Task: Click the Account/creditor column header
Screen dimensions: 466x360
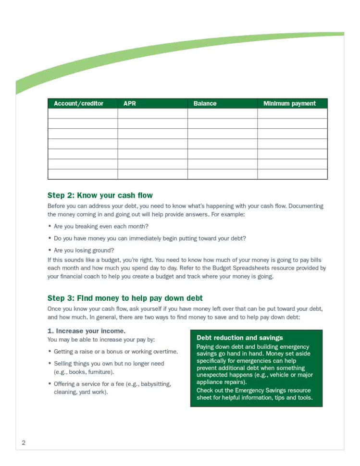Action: pos(78,104)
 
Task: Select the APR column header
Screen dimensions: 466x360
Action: pos(130,104)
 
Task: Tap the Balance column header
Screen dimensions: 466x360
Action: pos(205,104)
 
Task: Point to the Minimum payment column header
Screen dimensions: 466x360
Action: pos(289,104)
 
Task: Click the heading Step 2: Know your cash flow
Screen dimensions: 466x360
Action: pos(100,196)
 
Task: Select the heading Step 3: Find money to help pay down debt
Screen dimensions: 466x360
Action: pos(125,298)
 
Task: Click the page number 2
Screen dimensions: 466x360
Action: pos(24,442)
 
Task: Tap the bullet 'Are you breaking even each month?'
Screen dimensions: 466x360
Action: pos(101,226)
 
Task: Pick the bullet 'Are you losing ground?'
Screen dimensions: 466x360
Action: pos(84,250)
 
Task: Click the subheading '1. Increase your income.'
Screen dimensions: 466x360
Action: pos(87,331)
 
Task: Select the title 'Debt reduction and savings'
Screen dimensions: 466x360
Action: pos(240,338)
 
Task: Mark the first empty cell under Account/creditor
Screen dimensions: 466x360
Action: pos(83,113)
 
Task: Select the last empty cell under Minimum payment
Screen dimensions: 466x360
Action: pos(292,174)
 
